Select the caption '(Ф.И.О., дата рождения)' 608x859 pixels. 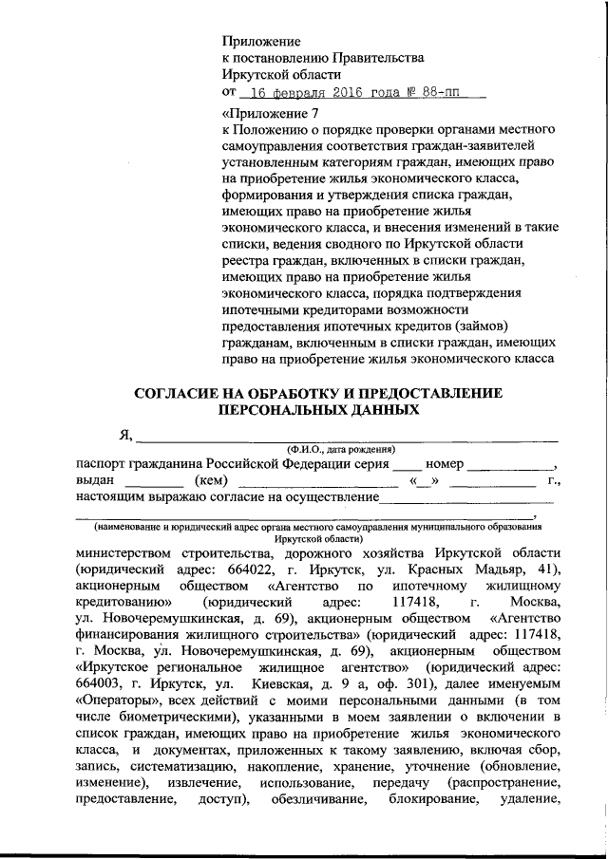[341, 448]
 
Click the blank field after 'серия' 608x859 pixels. [407, 464]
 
